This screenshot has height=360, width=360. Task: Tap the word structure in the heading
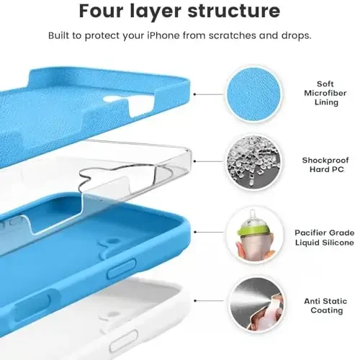229,12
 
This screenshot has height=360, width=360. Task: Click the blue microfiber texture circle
253,94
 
